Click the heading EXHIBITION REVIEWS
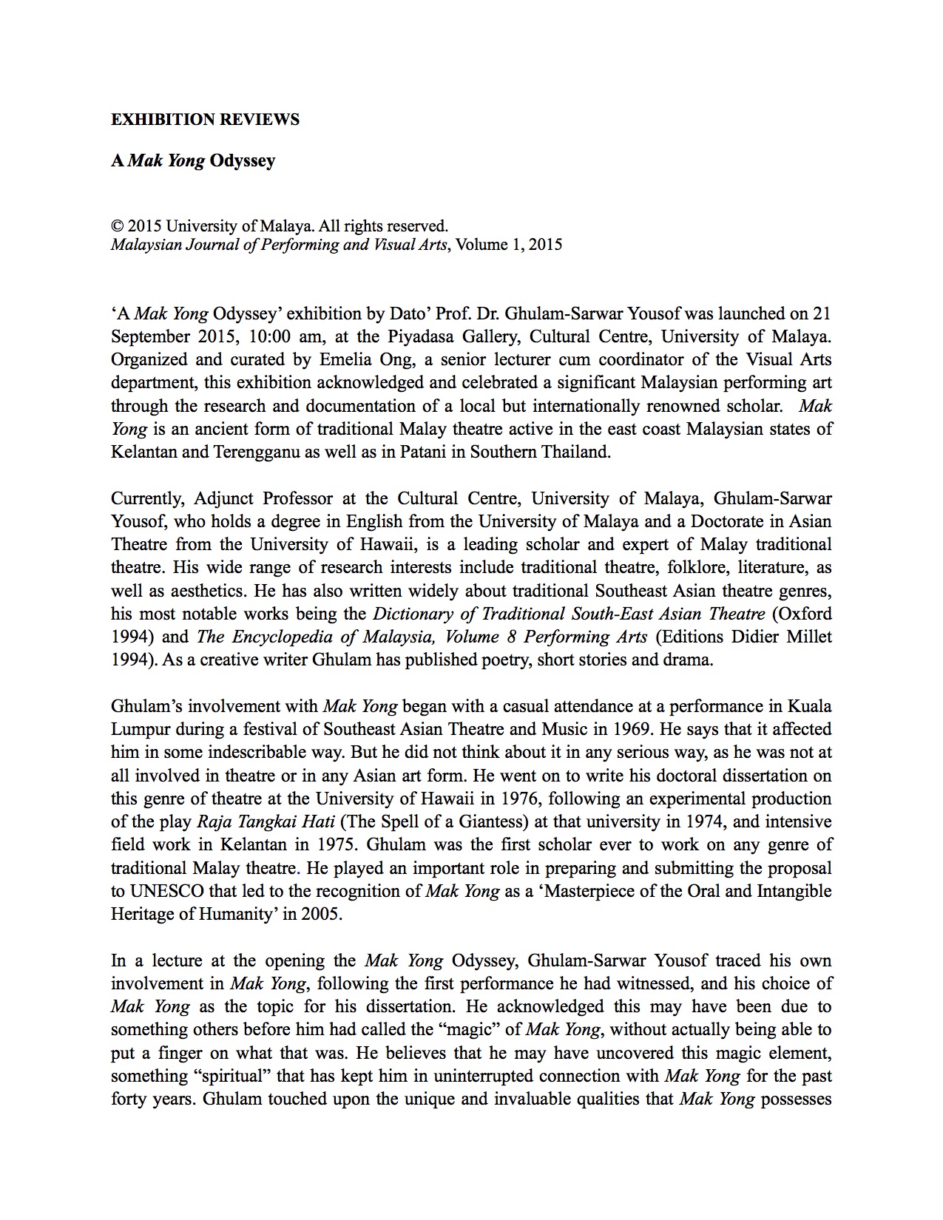(205, 120)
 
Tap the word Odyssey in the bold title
(242, 161)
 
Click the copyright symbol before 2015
(116, 226)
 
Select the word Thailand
(576, 453)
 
